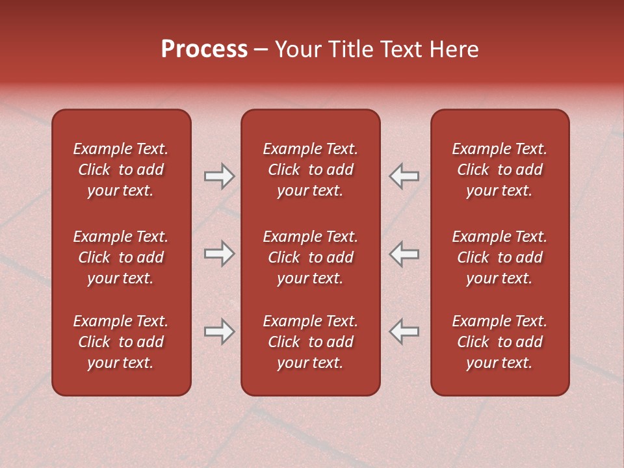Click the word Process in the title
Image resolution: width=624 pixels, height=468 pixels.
(204, 49)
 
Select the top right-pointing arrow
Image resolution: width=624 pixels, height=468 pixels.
(219, 176)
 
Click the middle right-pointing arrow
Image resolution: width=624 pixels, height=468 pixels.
(219, 253)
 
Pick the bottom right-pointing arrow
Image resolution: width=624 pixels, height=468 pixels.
(219, 331)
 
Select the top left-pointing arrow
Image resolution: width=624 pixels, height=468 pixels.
(404, 176)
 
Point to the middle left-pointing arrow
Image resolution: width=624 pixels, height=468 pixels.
(404, 253)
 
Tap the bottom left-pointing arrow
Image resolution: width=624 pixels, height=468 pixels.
(404, 331)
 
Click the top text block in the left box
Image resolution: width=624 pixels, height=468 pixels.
(121, 170)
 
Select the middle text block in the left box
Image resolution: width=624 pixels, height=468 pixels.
(121, 257)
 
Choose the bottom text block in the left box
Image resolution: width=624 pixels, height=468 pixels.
(121, 342)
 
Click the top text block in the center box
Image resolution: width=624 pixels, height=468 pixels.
(310, 170)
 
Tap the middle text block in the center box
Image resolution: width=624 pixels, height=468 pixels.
(310, 257)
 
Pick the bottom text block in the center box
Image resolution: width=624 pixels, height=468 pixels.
(310, 342)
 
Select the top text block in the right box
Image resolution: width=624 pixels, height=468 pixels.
(499, 170)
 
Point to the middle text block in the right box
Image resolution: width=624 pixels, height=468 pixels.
(499, 257)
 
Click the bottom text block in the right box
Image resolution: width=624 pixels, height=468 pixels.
(499, 342)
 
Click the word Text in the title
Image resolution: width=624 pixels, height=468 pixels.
(400, 49)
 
